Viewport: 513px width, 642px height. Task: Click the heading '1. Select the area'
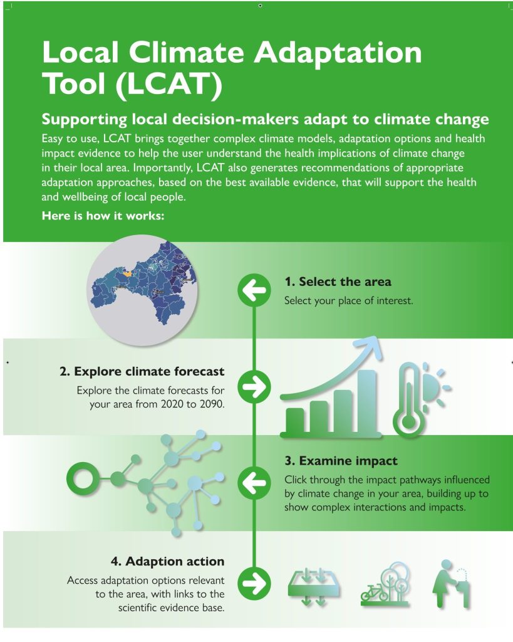[338, 282]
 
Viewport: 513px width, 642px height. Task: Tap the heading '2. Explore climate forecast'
[142, 371]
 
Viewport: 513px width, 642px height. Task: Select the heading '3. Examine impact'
[341, 461]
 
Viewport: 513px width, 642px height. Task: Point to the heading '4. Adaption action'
[167, 560]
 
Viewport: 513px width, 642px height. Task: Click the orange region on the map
[127, 273]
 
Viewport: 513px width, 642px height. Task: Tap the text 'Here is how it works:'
[103, 216]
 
